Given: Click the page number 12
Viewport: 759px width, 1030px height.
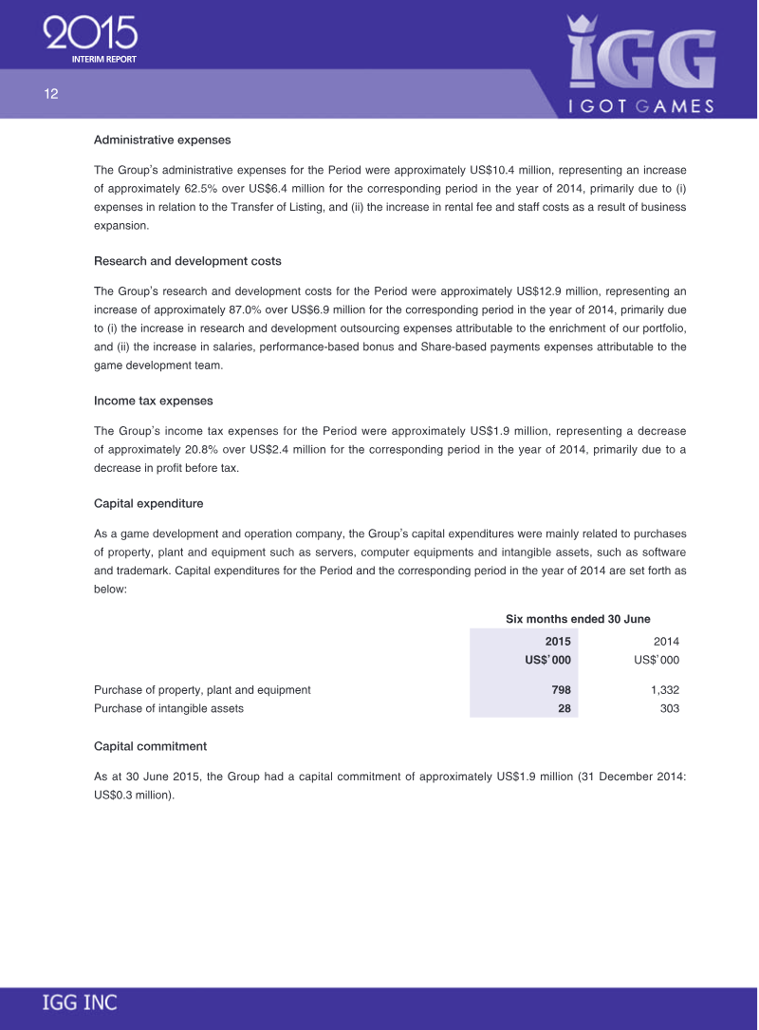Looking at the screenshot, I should click(x=50, y=94).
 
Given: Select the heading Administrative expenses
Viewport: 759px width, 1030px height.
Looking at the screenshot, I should click(x=162, y=140).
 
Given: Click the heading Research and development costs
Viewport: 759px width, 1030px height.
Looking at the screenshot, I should click(x=187, y=261).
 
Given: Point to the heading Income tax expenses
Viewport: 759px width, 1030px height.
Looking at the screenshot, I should click(x=153, y=401).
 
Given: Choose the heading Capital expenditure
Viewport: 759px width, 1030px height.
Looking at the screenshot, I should click(x=148, y=503).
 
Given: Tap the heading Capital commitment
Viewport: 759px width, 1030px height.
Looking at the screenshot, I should click(x=150, y=746).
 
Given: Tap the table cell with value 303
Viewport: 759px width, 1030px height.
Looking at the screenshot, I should click(x=669, y=708).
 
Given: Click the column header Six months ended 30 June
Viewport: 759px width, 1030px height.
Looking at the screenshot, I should click(x=578, y=619).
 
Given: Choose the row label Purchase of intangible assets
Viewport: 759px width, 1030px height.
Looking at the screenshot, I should click(x=168, y=708).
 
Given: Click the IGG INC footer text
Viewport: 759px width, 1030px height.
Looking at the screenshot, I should click(x=79, y=1002).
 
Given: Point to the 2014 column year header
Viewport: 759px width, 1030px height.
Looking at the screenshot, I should click(x=666, y=642).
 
